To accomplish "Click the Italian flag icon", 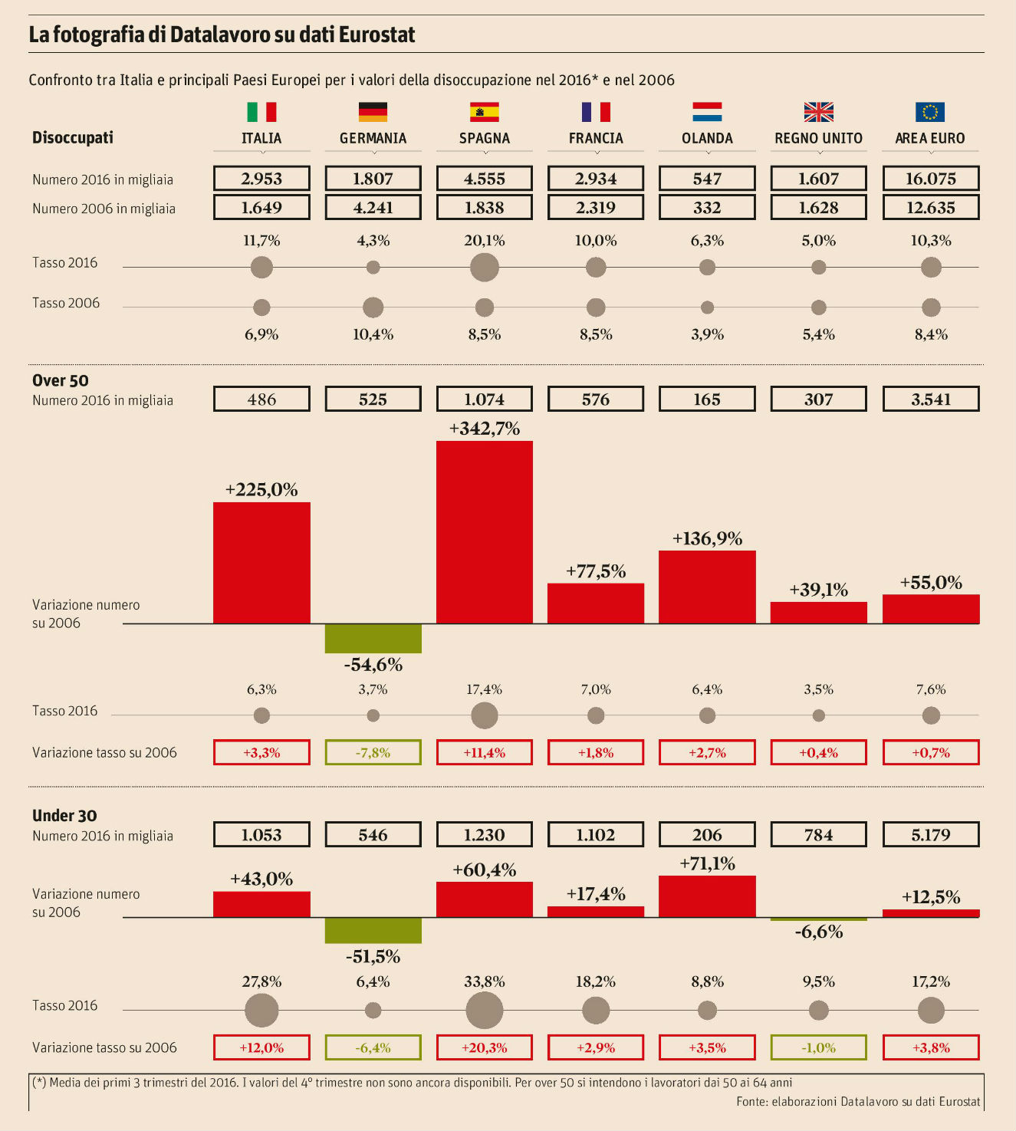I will (x=261, y=112).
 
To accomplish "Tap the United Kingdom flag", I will (x=818, y=112).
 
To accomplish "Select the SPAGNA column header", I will (x=484, y=138).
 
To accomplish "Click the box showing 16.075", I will (x=931, y=179).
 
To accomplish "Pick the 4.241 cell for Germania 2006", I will (x=373, y=208).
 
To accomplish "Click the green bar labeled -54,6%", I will (x=373, y=638).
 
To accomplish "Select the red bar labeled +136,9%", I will (x=707, y=587).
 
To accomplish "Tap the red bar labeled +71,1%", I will (x=707, y=896).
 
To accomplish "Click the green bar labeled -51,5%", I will (x=373, y=930).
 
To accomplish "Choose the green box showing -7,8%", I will (x=373, y=752).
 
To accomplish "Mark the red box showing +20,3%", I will (x=484, y=1047).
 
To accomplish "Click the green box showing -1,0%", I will (x=818, y=1047).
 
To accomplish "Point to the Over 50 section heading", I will (x=61, y=380).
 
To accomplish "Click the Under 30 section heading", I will (x=64, y=816).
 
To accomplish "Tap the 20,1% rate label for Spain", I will (x=484, y=241).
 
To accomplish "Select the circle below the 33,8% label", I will (x=484, y=1010).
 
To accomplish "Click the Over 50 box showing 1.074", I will (x=484, y=399).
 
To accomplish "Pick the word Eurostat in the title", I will (x=376, y=35).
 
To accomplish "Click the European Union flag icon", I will (x=930, y=112).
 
